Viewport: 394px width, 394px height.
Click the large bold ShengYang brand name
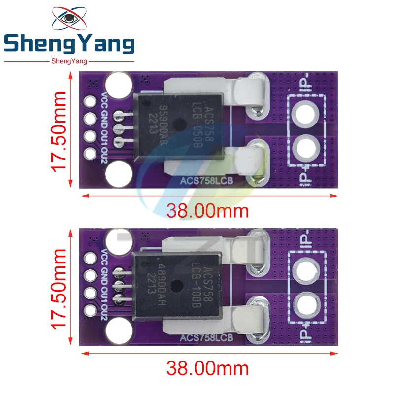(68, 45)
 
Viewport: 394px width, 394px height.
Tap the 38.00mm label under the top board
(207, 211)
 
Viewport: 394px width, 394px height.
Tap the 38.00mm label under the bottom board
(207, 368)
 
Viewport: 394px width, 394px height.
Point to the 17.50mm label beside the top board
(60, 130)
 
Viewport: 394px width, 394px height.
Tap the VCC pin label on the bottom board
(104, 257)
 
